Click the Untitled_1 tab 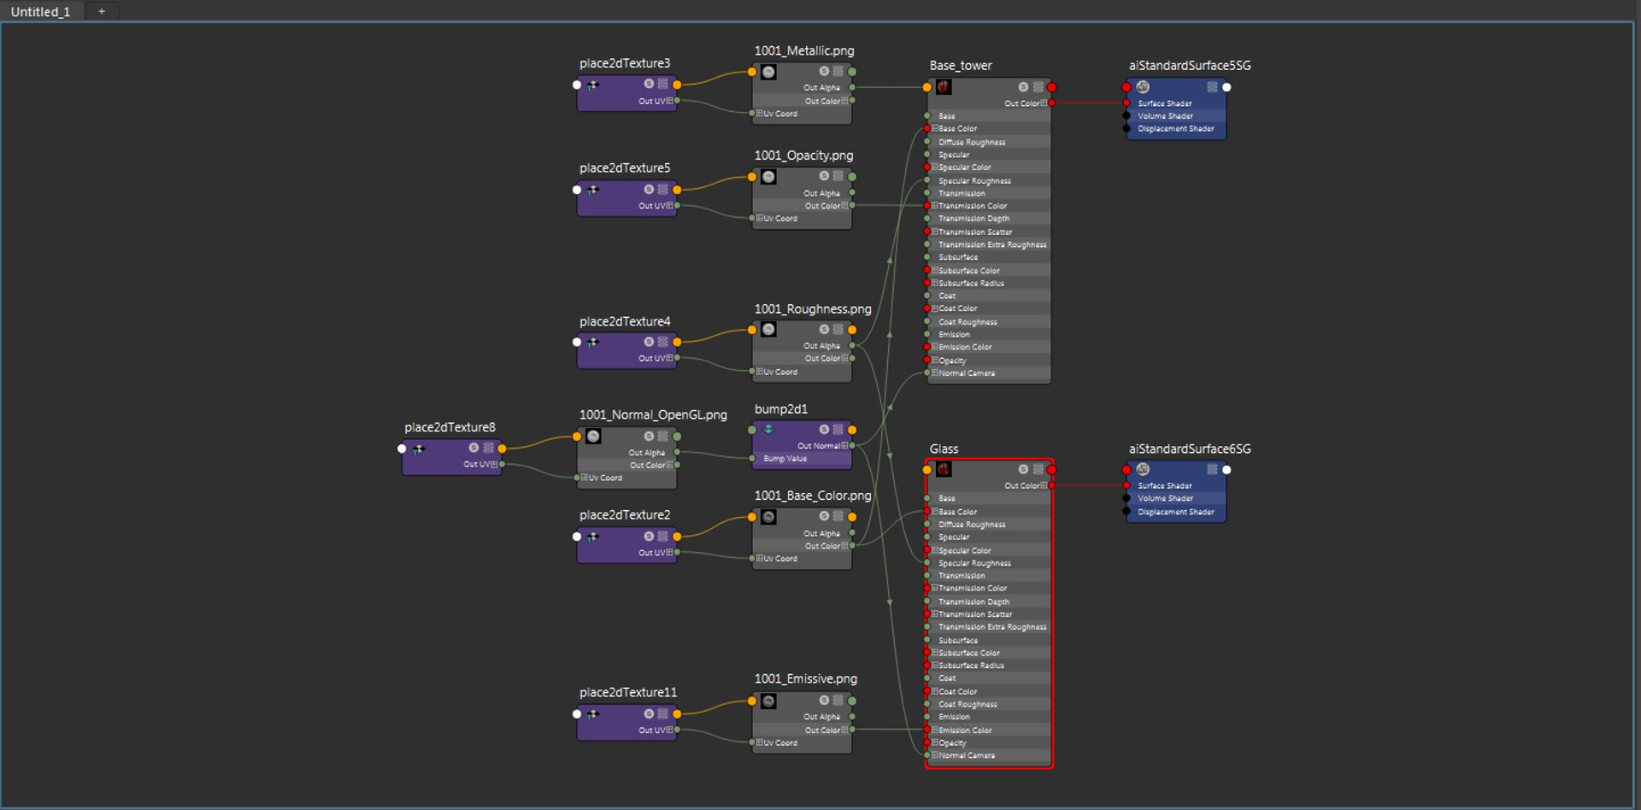(x=40, y=12)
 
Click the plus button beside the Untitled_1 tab (x=102, y=11)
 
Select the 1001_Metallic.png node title (x=803, y=51)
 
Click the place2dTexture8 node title (x=450, y=427)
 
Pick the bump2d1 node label (x=780, y=409)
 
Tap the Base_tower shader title (x=961, y=66)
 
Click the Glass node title (x=944, y=449)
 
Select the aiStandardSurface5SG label (x=1189, y=66)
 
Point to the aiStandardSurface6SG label (x=1189, y=449)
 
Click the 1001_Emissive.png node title (x=805, y=679)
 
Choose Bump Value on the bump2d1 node (x=785, y=459)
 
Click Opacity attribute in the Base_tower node (x=952, y=361)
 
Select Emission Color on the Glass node (x=965, y=731)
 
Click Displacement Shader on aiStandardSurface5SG (x=1175, y=129)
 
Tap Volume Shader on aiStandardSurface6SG (x=1165, y=499)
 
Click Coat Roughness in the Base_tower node (x=968, y=322)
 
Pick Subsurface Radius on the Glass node (x=971, y=666)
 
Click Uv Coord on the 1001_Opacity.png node (x=779, y=219)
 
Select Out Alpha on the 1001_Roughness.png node (x=821, y=346)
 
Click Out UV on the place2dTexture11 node (x=651, y=731)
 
